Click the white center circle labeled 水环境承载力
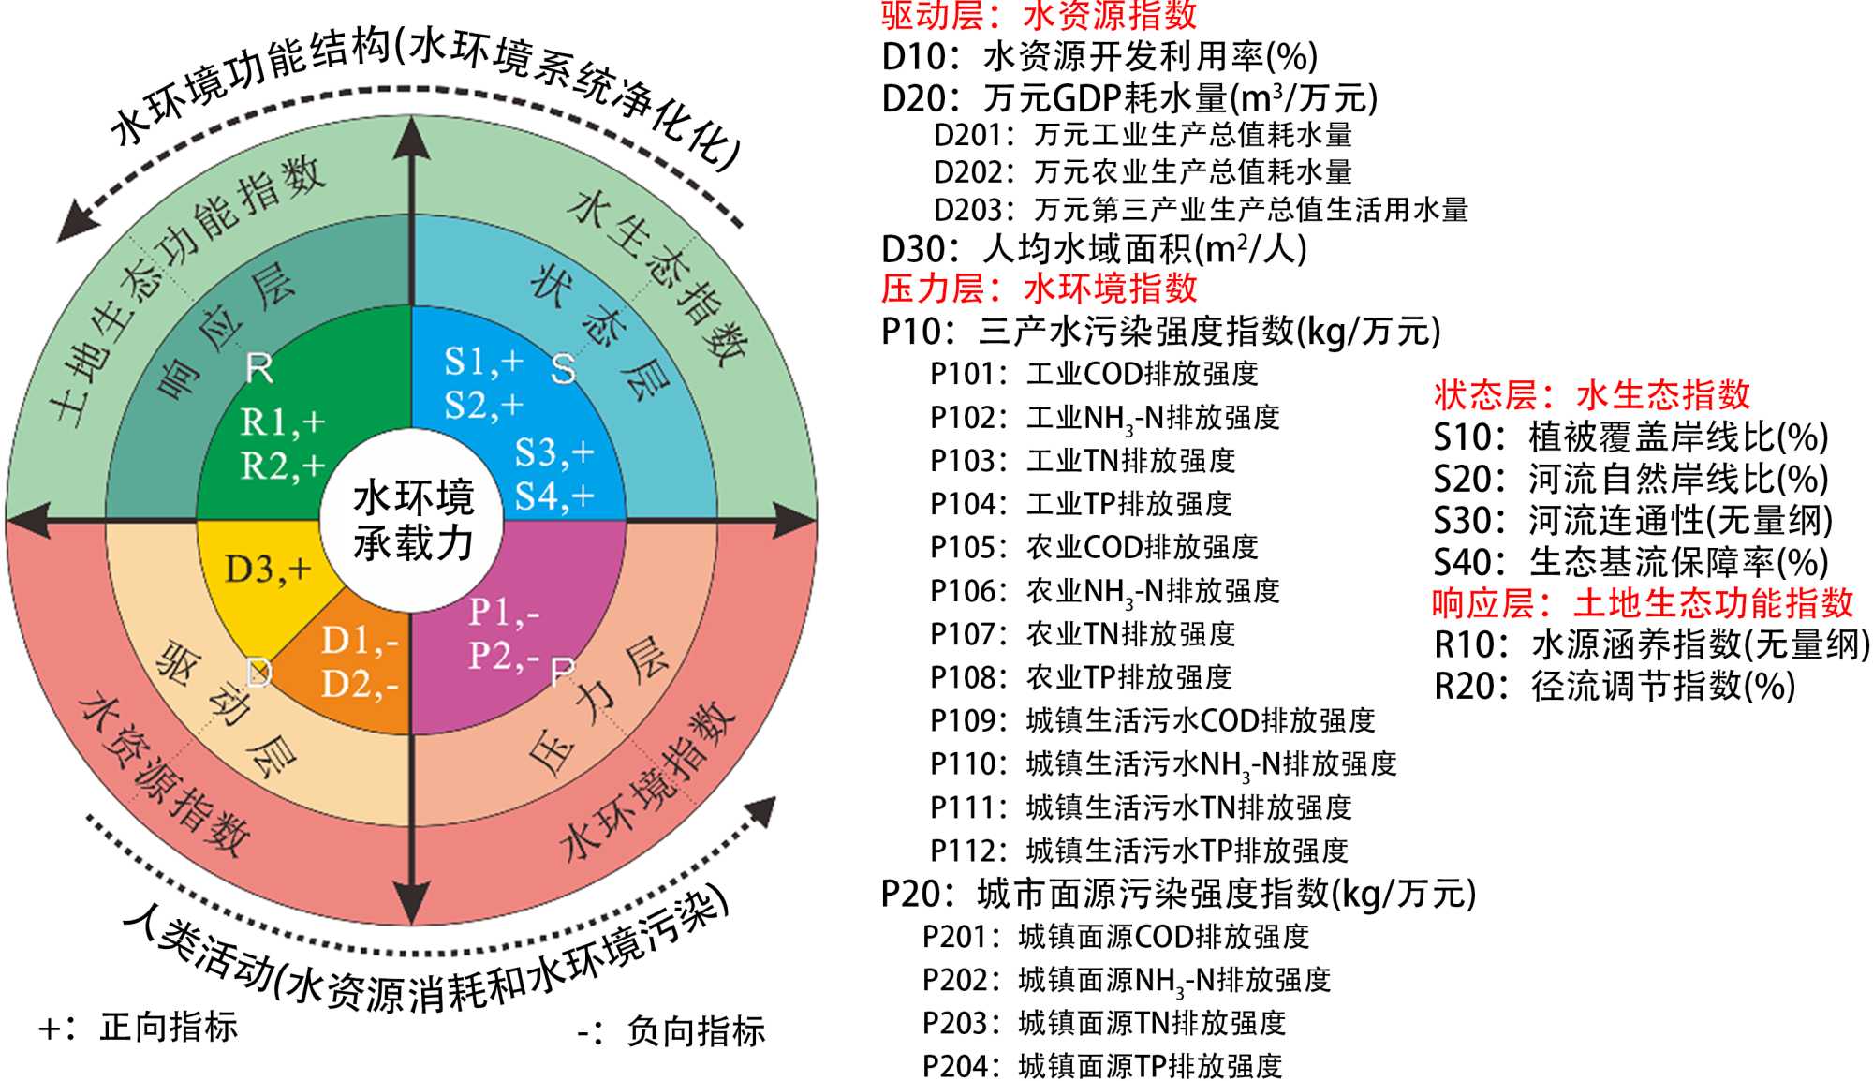tap(412, 520)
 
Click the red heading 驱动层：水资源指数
tap(1040, 15)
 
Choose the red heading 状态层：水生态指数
tap(1592, 395)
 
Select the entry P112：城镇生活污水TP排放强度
tap(1139, 851)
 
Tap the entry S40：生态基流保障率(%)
tap(1630, 562)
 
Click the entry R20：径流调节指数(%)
tap(1615, 687)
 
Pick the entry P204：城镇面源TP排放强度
tap(1102, 1066)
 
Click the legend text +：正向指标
tap(139, 1028)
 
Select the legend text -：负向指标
tap(671, 1031)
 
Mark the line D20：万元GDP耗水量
tap(1129, 98)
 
